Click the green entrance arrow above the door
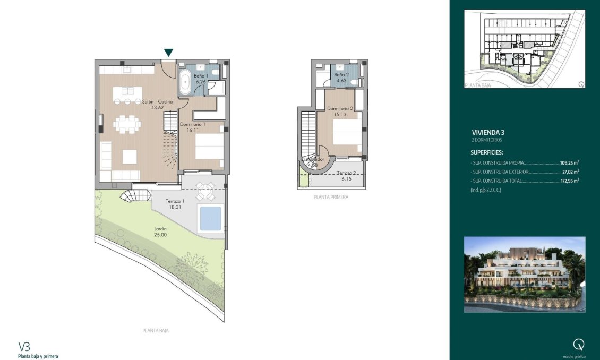[x=168, y=53]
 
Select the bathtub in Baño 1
[x=185, y=84]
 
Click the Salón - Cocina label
[x=157, y=104]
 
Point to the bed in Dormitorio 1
[x=209, y=146]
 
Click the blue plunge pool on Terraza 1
[x=210, y=217]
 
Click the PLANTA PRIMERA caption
[x=331, y=197]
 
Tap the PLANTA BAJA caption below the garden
[x=156, y=330]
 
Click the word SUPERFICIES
[x=486, y=152]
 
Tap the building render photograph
[x=525, y=274]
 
